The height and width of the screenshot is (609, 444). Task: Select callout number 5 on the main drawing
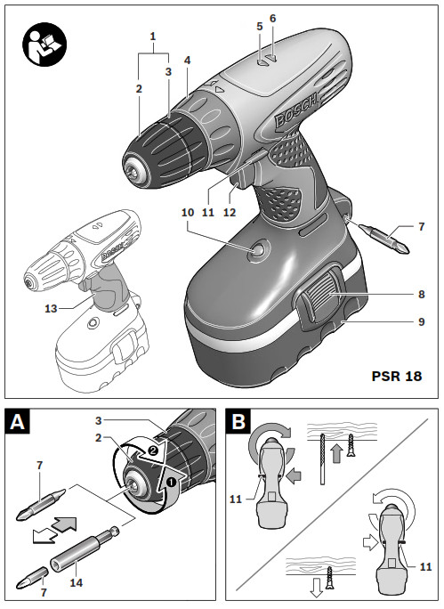click(x=259, y=27)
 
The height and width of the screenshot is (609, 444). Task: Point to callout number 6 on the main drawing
click(x=272, y=18)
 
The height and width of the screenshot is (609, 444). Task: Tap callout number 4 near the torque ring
click(x=187, y=60)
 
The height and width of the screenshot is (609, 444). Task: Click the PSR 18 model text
click(x=396, y=376)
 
